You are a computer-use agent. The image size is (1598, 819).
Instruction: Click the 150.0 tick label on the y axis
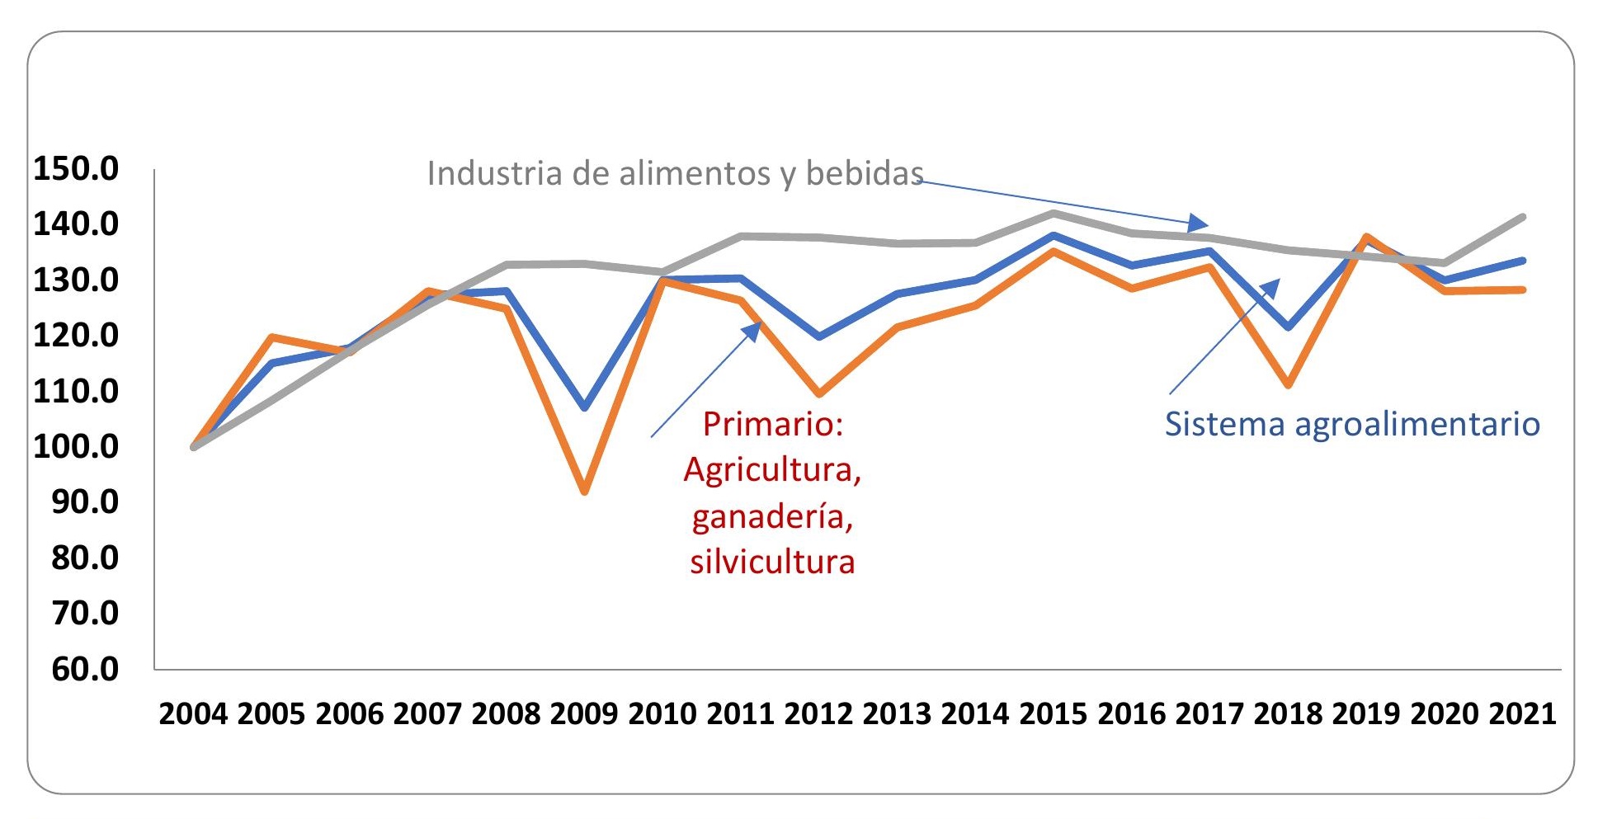tap(76, 168)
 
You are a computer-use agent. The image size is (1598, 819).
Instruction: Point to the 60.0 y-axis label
tap(85, 669)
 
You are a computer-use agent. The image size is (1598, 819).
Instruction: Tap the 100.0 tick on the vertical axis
tap(76, 446)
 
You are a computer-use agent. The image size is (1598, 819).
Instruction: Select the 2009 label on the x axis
tap(583, 713)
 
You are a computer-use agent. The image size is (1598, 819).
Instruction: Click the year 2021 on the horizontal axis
tap(1522, 713)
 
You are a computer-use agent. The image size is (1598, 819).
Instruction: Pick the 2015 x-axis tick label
tap(1053, 713)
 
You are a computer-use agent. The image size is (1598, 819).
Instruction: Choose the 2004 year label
tap(192, 713)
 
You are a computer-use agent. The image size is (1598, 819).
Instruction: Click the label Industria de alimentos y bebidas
tap(675, 173)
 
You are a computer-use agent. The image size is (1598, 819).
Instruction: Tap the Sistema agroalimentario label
tap(1351, 424)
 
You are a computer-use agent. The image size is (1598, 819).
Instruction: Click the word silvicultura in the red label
tap(772, 562)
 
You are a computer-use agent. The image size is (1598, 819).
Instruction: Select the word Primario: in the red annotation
tap(772, 424)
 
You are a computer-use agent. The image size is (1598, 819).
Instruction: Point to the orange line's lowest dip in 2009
tap(584, 492)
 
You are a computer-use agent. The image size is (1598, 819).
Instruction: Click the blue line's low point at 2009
tap(584, 407)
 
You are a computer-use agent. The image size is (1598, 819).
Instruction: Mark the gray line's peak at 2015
tap(1054, 213)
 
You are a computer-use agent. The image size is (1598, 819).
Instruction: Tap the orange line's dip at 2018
tap(1288, 384)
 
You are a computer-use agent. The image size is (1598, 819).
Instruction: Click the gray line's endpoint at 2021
tap(1522, 217)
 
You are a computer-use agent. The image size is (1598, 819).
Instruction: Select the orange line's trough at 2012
tap(818, 393)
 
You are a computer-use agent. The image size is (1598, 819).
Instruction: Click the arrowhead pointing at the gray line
tap(1198, 223)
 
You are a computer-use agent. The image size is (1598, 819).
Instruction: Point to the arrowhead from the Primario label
tap(752, 331)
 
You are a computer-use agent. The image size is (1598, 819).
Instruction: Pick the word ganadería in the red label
tap(772, 516)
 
